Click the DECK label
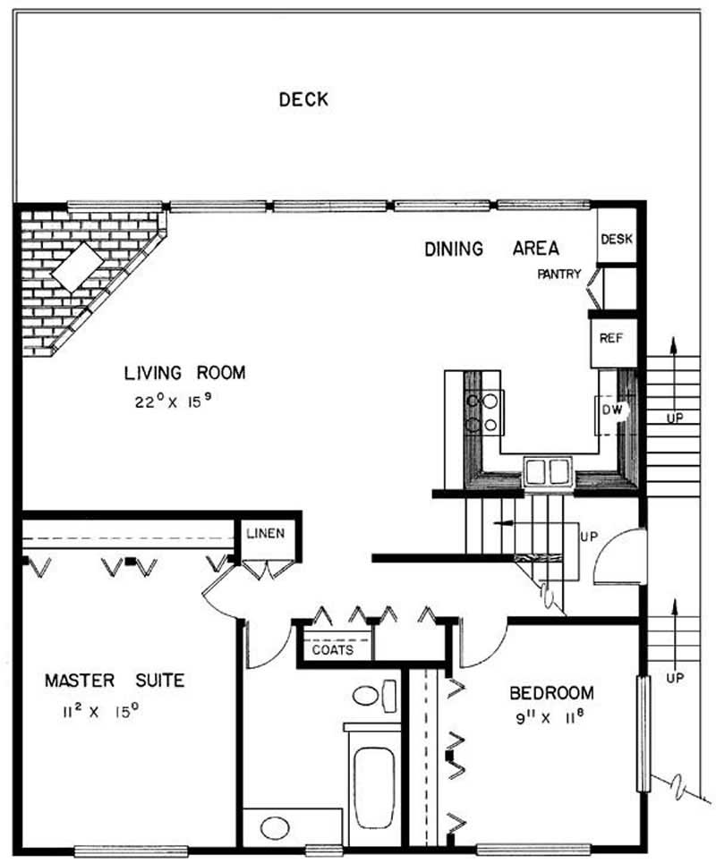303,99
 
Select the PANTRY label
559,274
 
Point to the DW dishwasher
611,410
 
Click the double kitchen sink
548,471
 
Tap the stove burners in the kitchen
483,413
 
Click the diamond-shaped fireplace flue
78,267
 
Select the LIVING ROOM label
185,373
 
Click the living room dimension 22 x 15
174,402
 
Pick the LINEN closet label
266,533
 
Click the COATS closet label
333,650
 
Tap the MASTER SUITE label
115,681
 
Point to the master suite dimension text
100,712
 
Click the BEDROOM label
551,693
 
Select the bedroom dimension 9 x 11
550,718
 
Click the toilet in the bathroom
374,696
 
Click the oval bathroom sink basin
275,828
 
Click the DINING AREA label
492,249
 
